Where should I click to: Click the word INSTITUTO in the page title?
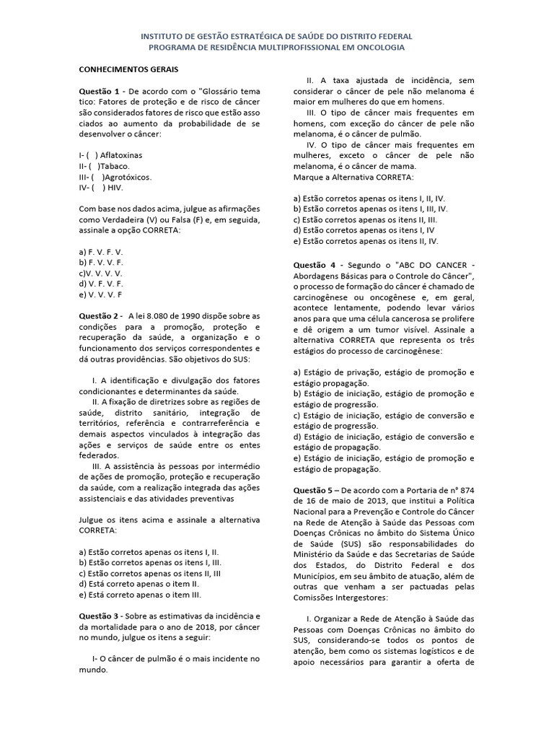click(163, 35)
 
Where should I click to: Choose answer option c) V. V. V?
click(101, 274)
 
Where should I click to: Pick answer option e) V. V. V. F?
click(101, 294)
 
